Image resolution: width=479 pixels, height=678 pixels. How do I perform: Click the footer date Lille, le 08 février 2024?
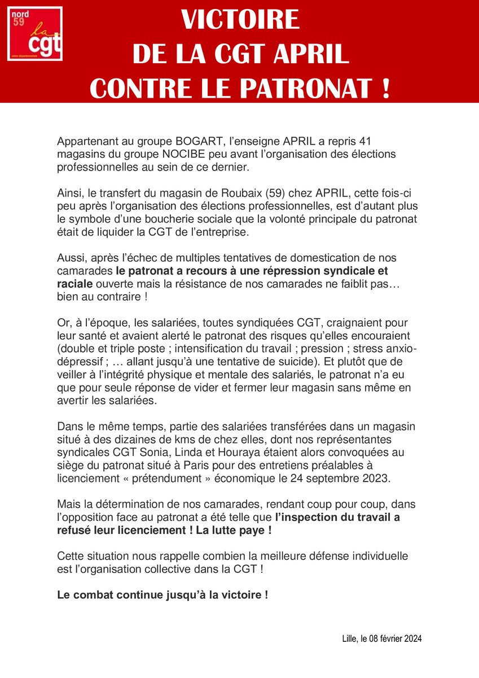pos(382,638)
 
